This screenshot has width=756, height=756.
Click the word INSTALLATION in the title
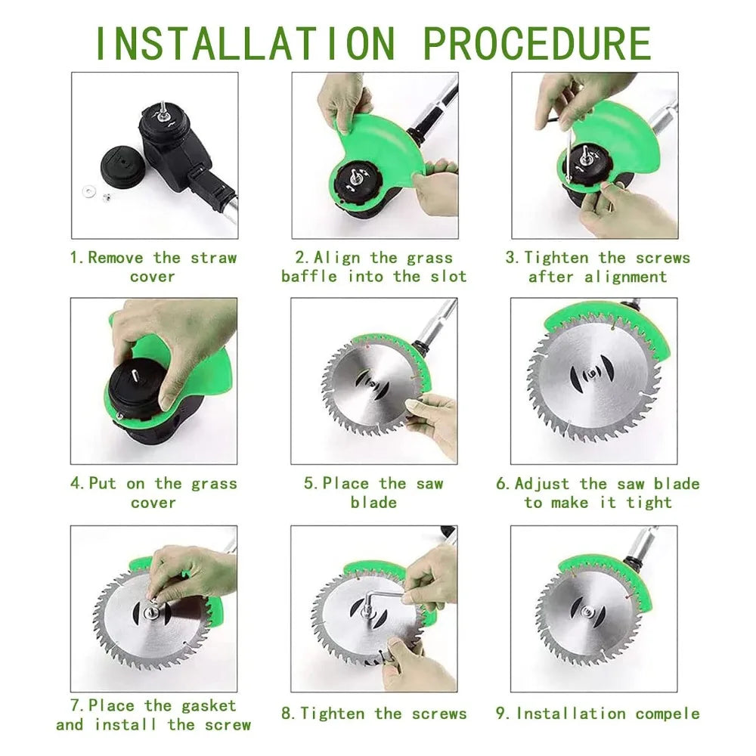pyautogui.click(x=246, y=44)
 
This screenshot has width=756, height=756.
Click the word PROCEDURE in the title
pyautogui.click(x=537, y=44)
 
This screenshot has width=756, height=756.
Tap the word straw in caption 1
pyautogui.click(x=214, y=258)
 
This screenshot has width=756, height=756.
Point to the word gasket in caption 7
pyautogui.click(x=209, y=706)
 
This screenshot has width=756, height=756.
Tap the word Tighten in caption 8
pyautogui.click(x=332, y=714)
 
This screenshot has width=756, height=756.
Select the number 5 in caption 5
pyautogui.click(x=309, y=484)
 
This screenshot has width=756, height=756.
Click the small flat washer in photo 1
pyautogui.click(x=88, y=192)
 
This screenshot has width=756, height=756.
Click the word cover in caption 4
pyautogui.click(x=153, y=503)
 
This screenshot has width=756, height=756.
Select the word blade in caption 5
pyautogui.click(x=373, y=503)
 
